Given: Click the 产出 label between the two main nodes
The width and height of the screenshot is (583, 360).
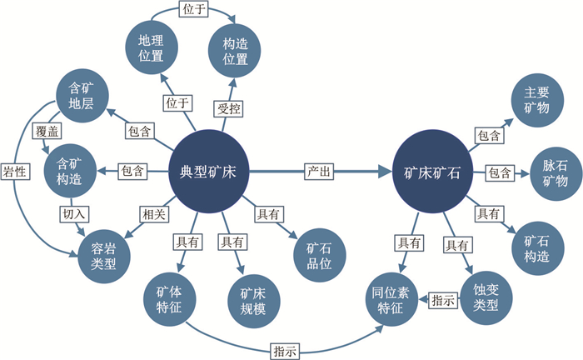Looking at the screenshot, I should tap(320, 172).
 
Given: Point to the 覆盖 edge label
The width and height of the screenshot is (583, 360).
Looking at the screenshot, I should tap(46, 132).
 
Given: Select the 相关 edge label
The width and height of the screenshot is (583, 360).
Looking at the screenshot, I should tap(152, 213).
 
